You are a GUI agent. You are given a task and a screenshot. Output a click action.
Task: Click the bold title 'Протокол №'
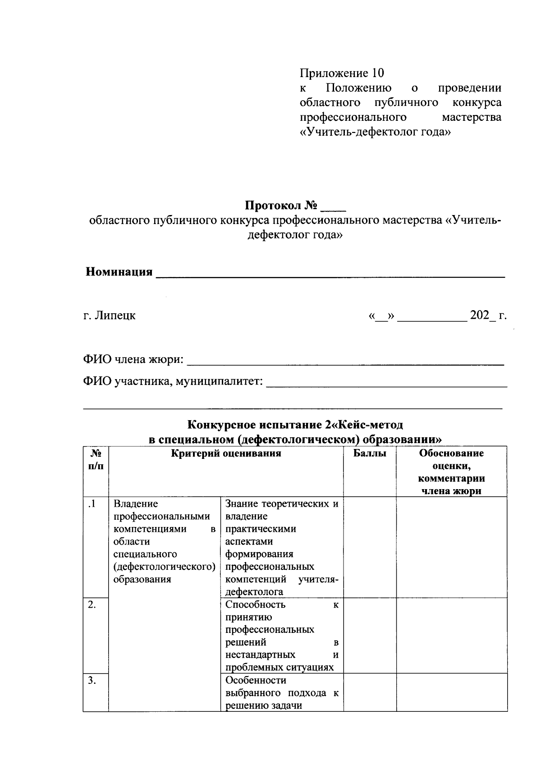pyautogui.click(x=281, y=206)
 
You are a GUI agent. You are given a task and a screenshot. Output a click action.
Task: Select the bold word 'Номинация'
pyautogui.click(x=119, y=272)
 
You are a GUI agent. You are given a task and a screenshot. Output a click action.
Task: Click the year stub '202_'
pyautogui.click(x=482, y=315)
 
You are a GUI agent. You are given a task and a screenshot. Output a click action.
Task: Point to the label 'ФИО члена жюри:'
pyautogui.click(x=133, y=359)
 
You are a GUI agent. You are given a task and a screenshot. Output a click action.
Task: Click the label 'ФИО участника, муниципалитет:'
pyautogui.click(x=173, y=381)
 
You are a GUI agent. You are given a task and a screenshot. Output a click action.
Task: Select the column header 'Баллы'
pyautogui.click(x=370, y=454)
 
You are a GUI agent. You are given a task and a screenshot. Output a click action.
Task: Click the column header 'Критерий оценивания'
pyautogui.click(x=226, y=454)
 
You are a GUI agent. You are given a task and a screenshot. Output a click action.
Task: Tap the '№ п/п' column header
pyautogui.click(x=96, y=460)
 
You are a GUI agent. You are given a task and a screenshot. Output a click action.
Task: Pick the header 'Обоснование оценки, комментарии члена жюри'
pyautogui.click(x=451, y=472)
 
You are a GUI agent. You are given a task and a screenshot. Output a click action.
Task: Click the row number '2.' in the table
pyautogui.click(x=92, y=605)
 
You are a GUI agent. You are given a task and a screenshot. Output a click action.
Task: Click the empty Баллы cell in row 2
pyautogui.click(x=370, y=636)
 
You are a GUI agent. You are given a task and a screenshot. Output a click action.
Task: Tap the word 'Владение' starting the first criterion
pyautogui.click(x=136, y=504)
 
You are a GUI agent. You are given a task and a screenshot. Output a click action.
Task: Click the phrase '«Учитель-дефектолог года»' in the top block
pyautogui.click(x=376, y=132)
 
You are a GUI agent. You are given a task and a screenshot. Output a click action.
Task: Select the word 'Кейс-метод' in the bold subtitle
pyautogui.click(x=371, y=425)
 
